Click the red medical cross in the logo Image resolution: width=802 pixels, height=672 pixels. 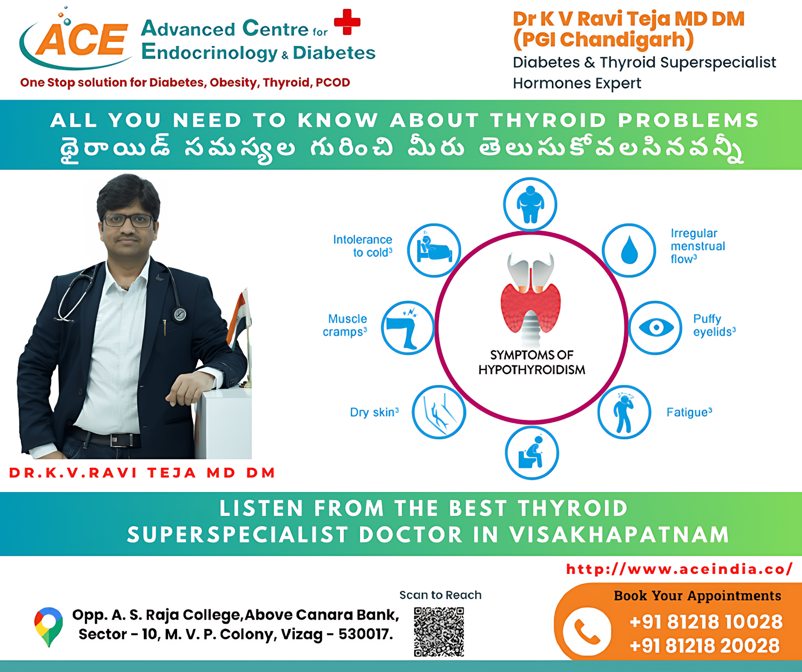pos(347,22)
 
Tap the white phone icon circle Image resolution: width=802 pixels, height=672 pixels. pos(587,632)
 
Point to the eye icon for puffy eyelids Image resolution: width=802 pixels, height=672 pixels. pos(656,328)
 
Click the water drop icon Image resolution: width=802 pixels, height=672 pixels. pos(629,250)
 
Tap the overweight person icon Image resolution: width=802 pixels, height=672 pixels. pos(530,204)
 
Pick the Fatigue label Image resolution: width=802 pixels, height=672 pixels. pos(689,412)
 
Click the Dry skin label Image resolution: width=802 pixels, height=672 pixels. pos(374,412)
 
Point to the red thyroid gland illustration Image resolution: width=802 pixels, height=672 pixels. pos(531,307)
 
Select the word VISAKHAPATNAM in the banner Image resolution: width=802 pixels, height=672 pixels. pos(619,535)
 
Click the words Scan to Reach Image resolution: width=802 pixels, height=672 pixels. pos(440,595)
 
